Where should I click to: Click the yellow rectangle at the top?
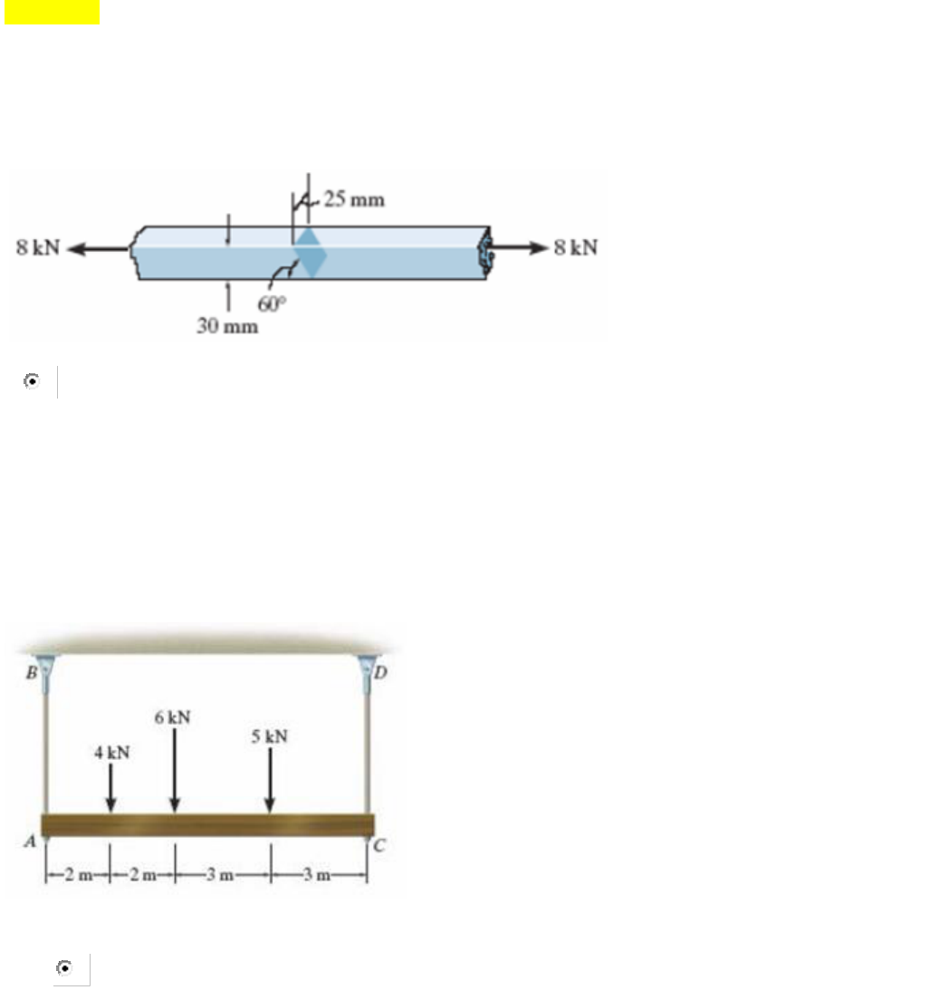(52, 12)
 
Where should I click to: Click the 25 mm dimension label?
(354, 199)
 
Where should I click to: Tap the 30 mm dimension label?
(227, 326)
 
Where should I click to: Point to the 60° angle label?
(272, 303)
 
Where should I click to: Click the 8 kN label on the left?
(38, 247)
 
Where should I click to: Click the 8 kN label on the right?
(576, 247)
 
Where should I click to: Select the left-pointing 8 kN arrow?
(99, 249)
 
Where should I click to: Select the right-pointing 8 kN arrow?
(518, 247)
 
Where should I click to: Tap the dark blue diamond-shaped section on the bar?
(310, 253)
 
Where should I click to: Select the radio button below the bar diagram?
(31, 381)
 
